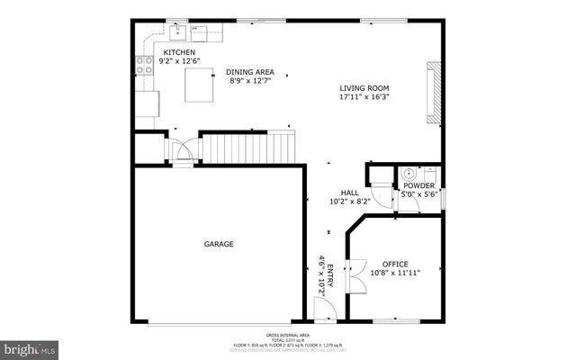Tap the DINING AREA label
pyautogui.click(x=250, y=72)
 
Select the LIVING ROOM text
pyautogui.click(x=370, y=88)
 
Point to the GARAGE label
pyautogui.click(x=218, y=244)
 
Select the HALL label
pyautogui.click(x=350, y=193)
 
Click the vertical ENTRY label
pyautogui.click(x=330, y=274)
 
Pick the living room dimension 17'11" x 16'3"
pyautogui.click(x=370, y=97)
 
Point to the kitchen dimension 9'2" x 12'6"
pyautogui.click(x=178, y=61)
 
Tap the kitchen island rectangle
pyautogui.click(x=199, y=86)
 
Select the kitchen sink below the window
pyautogui.click(x=178, y=34)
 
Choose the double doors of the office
pyautogui.click(x=354, y=282)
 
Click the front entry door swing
pyautogui.click(x=323, y=311)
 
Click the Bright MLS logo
pyautogui.click(x=30, y=347)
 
